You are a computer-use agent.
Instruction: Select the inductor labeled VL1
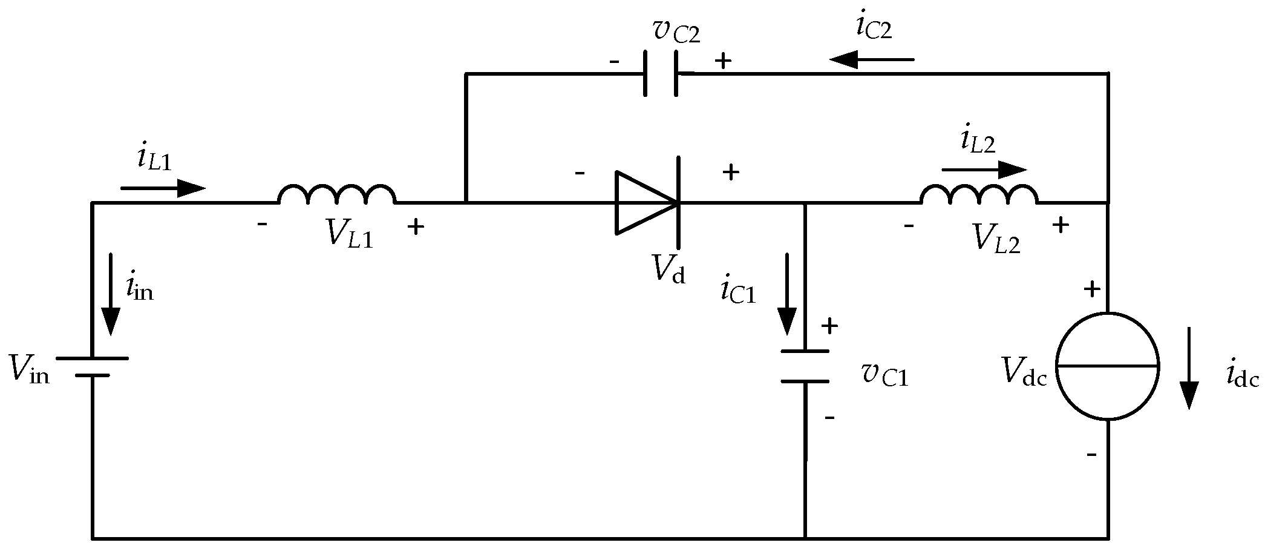(337, 195)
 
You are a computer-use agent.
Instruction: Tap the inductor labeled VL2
(979, 195)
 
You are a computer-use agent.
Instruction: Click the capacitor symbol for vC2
(660, 74)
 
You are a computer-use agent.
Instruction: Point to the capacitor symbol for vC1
(805, 366)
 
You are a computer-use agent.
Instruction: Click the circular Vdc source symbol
(1108, 366)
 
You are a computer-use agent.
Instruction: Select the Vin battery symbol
(93, 366)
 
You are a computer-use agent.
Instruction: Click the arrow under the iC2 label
(872, 59)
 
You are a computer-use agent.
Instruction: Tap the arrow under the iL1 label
(163, 188)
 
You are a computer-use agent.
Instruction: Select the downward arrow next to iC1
(787, 294)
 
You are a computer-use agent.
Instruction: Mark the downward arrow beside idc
(1189, 368)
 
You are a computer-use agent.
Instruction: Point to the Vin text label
(29, 367)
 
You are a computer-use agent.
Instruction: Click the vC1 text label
(885, 375)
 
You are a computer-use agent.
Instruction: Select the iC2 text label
(874, 27)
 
